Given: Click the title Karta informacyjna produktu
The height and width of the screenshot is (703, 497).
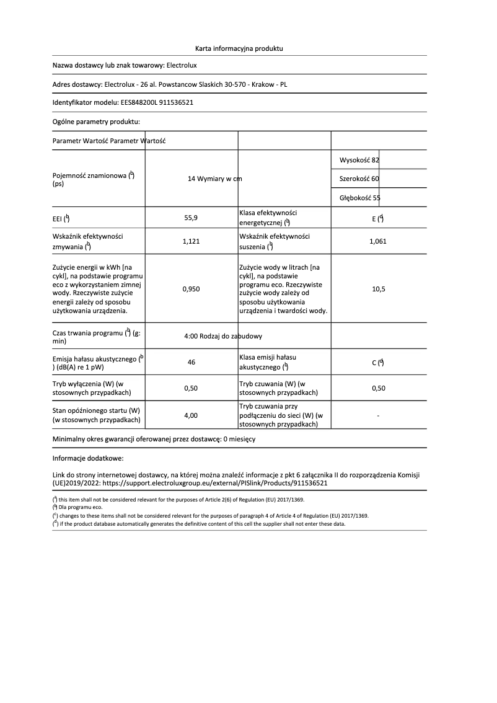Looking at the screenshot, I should (239, 48).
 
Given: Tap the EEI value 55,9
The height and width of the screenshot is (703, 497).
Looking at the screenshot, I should (191, 218).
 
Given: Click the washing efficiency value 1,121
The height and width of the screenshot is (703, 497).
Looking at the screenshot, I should (191, 242).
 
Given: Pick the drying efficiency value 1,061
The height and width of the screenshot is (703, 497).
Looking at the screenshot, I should (377, 242).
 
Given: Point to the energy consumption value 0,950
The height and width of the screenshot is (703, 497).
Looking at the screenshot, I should (191, 289).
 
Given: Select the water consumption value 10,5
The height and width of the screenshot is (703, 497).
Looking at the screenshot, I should (378, 289).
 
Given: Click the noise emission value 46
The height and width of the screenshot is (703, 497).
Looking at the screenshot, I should (191, 363).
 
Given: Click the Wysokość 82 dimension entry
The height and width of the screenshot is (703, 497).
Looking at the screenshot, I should (359, 160).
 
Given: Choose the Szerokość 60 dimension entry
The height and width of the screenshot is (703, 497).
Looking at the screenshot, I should (359, 179).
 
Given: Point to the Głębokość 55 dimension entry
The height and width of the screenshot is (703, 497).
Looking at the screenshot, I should (360, 198).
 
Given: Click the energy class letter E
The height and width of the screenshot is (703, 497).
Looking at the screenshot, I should (374, 218).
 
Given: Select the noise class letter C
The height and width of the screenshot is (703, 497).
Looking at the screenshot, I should (374, 363).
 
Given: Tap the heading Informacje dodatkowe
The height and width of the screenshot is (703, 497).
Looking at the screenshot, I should (88, 459).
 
